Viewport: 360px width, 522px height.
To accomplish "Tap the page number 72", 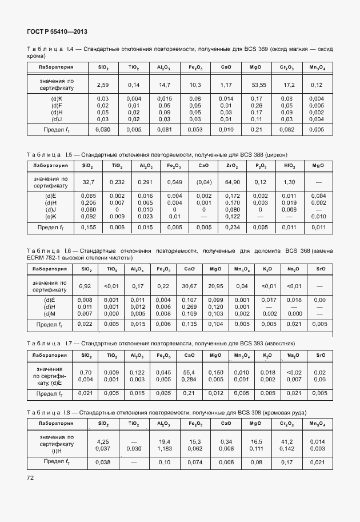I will [30, 476].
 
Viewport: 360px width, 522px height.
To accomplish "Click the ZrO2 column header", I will [232, 166].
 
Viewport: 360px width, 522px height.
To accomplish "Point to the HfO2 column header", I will [290, 166].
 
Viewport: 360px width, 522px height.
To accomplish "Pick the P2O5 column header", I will [261, 166].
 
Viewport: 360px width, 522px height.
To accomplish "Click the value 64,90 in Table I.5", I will [232, 182].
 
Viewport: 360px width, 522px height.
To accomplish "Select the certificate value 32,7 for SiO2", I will [88, 182].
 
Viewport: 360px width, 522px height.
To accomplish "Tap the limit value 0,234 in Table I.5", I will [232, 228].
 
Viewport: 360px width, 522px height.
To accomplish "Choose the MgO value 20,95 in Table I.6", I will [215, 286].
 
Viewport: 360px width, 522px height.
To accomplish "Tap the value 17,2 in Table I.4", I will [287, 85].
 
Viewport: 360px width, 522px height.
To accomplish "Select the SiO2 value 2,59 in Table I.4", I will [103, 85].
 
